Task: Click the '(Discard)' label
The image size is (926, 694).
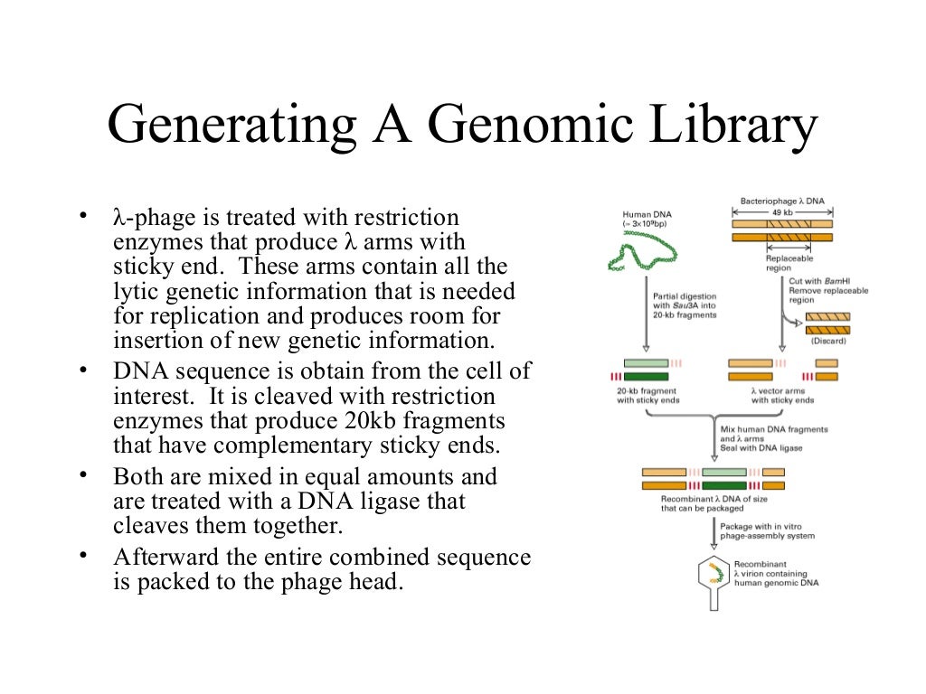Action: (827, 341)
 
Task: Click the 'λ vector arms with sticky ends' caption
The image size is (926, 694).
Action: (782, 395)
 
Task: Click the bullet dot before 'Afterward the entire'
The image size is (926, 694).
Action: (83, 553)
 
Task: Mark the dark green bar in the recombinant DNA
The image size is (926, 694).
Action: (724, 486)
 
